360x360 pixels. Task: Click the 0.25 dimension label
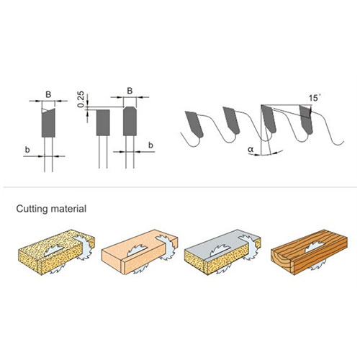[x=81, y=99]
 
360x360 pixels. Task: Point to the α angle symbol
[x=251, y=149]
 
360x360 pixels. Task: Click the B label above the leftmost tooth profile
[x=48, y=93]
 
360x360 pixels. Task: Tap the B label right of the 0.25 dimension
[x=130, y=91]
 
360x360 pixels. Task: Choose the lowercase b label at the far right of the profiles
[x=151, y=145]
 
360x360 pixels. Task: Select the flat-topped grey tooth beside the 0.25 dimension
[x=102, y=122]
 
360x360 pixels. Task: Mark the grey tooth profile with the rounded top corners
[x=130, y=121]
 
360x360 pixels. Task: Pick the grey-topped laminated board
[x=216, y=256]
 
